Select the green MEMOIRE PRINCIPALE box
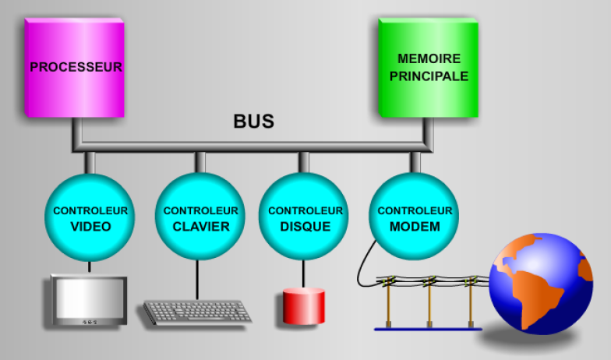[x=428, y=68]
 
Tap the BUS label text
[x=253, y=122]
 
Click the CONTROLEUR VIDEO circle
[x=90, y=217]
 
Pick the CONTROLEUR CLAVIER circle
[x=200, y=217]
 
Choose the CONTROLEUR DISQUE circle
[x=305, y=217]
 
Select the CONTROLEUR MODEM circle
[x=414, y=217]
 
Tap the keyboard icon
[x=196, y=312]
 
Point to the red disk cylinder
[x=303, y=305]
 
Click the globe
[x=540, y=284]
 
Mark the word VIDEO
[x=90, y=227]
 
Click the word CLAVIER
[x=201, y=227]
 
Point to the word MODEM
[x=415, y=227]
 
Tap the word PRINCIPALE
[x=429, y=76]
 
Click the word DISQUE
[x=305, y=227]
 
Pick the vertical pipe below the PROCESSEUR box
[x=76, y=129]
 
